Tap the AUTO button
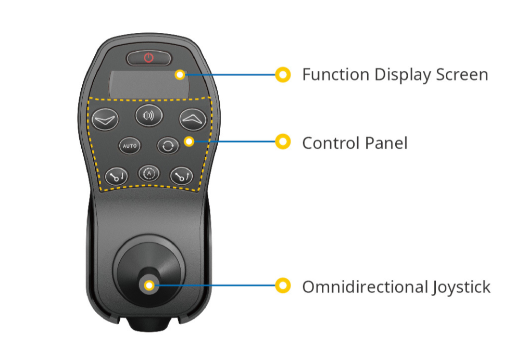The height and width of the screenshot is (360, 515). pyautogui.click(x=130, y=146)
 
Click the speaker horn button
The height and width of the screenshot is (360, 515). pyautogui.click(x=149, y=115)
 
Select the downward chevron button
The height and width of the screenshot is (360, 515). pyautogui.click(x=105, y=119)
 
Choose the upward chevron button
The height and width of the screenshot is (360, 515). pyautogui.click(x=193, y=119)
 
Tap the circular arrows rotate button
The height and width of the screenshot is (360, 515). pyautogui.click(x=168, y=146)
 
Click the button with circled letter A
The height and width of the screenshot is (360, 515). pyautogui.click(x=149, y=173)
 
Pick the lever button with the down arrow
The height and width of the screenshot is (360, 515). pyautogui.click(x=117, y=176)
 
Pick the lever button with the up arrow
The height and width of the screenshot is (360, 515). pyautogui.click(x=182, y=176)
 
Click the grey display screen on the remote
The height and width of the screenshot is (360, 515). pyautogui.click(x=149, y=84)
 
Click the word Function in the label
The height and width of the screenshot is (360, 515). pyautogui.click(x=336, y=74)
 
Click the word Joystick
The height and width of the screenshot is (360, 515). pyautogui.click(x=461, y=288)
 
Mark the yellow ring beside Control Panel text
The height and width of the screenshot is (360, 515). pyautogui.click(x=283, y=142)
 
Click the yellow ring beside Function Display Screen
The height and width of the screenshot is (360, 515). pyautogui.click(x=283, y=74)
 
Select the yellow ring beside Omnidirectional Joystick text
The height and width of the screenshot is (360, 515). pyautogui.click(x=283, y=285)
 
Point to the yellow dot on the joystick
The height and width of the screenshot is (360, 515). pyautogui.click(x=149, y=286)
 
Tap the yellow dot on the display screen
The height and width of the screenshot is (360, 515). pyautogui.click(x=180, y=75)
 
